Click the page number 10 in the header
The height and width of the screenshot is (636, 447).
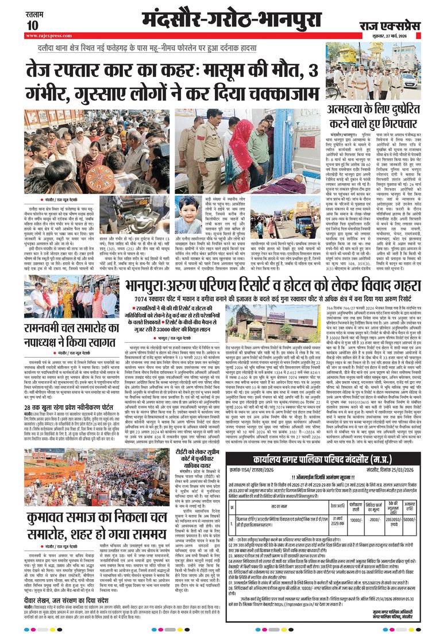(32, 25)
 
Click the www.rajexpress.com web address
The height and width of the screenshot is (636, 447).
(46, 36)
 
